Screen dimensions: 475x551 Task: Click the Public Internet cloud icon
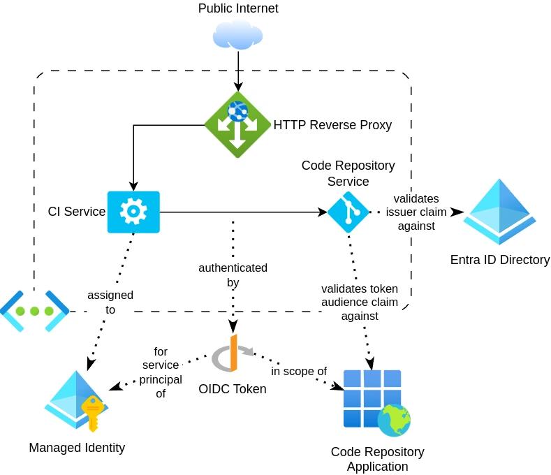[x=238, y=34]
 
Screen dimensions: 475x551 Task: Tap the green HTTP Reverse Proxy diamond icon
[x=237, y=124]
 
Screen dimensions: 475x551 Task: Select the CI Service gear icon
[x=133, y=212]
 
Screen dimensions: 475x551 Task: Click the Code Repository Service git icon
[x=348, y=212]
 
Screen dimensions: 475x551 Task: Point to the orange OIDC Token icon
[x=233, y=353]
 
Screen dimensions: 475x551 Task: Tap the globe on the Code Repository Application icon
[x=394, y=420]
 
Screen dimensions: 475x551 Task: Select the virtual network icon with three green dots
[x=34, y=311]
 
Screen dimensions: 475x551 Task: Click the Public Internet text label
[x=238, y=8]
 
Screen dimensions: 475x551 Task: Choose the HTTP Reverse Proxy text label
[x=332, y=125]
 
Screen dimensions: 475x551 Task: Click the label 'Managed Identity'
[x=77, y=448]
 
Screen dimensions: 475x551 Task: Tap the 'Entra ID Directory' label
[x=500, y=260]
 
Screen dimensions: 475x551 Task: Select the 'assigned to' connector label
[x=111, y=302]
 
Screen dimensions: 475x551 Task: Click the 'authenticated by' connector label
[x=233, y=275]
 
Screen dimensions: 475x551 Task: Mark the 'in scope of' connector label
[x=299, y=371]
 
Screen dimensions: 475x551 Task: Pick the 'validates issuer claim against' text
[x=416, y=212]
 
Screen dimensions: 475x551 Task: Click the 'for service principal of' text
[x=161, y=372]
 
